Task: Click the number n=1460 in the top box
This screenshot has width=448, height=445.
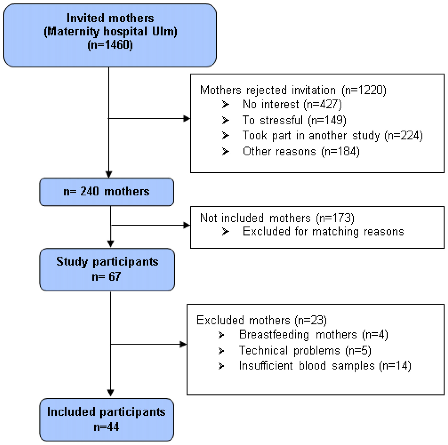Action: [x=110, y=45]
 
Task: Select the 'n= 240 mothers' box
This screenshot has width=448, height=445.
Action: [x=106, y=192]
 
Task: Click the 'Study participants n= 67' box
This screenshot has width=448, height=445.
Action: [x=107, y=269]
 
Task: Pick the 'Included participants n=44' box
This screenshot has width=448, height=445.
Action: [x=106, y=419]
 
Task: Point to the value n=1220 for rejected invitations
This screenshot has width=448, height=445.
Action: [x=364, y=90]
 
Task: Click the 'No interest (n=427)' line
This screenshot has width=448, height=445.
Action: [x=292, y=104]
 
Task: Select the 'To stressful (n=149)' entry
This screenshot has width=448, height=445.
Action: [x=294, y=120]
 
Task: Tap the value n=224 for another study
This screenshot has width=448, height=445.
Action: [x=404, y=136]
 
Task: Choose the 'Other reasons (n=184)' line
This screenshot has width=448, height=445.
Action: [x=301, y=152]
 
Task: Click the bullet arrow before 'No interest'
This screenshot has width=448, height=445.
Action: [x=225, y=104]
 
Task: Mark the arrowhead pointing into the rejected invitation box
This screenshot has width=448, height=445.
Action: [x=187, y=118]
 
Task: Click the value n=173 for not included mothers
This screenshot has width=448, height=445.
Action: [x=335, y=218]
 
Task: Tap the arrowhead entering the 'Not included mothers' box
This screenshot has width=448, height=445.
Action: [x=187, y=225]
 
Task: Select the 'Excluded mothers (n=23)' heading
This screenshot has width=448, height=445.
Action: [x=262, y=320]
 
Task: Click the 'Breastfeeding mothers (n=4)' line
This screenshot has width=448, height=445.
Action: [x=313, y=335]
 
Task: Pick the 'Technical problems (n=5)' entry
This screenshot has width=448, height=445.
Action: [x=305, y=351]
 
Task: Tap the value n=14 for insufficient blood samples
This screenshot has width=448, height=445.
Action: [x=395, y=366]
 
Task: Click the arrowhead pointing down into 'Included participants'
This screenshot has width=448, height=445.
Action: [x=110, y=392]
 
